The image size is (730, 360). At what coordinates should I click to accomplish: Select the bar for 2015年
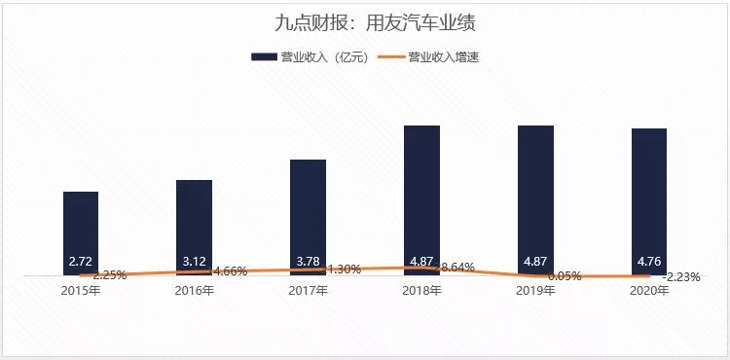pyautogui.click(x=81, y=229)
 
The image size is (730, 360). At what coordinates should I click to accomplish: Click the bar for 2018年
pyautogui.click(x=421, y=195)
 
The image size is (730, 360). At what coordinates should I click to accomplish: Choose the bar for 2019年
pyautogui.click(x=535, y=195)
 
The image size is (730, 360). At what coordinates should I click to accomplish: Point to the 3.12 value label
pyautogui.click(x=195, y=262)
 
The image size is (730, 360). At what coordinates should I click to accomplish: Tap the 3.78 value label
pyautogui.click(x=308, y=260)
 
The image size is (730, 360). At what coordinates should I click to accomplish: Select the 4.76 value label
pyautogui.click(x=649, y=262)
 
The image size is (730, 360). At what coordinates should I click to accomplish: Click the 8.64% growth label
pyautogui.click(x=457, y=267)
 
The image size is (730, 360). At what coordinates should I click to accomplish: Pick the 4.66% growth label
pyautogui.click(x=230, y=270)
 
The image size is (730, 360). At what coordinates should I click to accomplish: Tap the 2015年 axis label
pyautogui.click(x=81, y=290)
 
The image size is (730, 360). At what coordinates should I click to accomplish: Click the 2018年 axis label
pyautogui.click(x=421, y=290)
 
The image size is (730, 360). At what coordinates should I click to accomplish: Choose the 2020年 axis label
pyautogui.click(x=649, y=290)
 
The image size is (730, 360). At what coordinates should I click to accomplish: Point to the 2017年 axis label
pyautogui.click(x=308, y=290)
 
